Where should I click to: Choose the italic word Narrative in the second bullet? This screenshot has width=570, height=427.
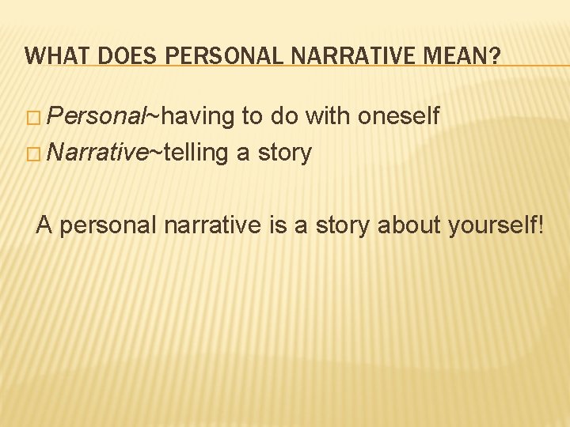[x=97, y=153]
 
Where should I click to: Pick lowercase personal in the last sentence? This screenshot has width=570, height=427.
[x=108, y=226]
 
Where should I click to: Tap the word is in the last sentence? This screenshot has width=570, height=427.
[x=277, y=226]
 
